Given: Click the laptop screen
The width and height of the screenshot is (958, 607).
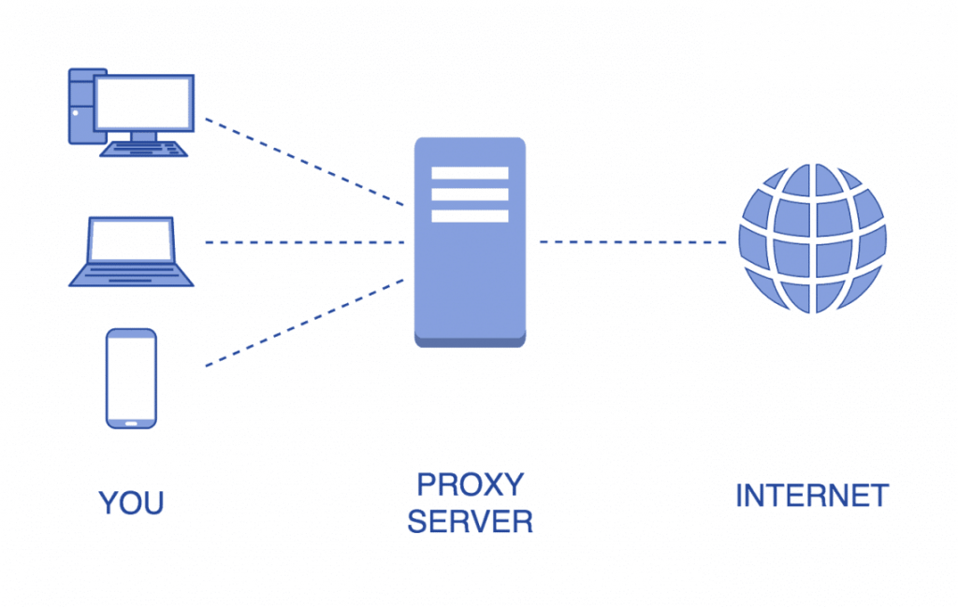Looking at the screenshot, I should coord(131,241).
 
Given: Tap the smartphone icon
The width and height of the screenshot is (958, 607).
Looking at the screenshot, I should coord(131,378).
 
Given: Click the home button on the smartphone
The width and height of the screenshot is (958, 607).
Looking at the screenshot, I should coord(131,423).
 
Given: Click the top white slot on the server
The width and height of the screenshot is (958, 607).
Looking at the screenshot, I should coord(470,173).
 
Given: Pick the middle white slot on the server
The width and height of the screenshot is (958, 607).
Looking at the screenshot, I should coord(470,195).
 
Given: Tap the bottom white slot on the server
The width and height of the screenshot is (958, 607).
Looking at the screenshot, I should coord(470,216).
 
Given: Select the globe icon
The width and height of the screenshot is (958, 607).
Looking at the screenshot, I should coord(811,238).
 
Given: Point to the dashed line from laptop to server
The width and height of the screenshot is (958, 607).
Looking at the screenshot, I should coord(304,242).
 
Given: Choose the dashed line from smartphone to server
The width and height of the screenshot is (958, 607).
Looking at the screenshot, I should coord(304,323).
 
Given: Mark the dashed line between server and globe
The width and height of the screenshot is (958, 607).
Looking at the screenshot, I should coord(632,242).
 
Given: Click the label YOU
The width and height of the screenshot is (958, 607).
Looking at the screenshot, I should coord(131,503).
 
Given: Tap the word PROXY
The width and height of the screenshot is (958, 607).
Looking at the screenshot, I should coord(470,485).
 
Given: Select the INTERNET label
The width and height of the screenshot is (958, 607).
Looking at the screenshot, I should coord(811,496).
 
